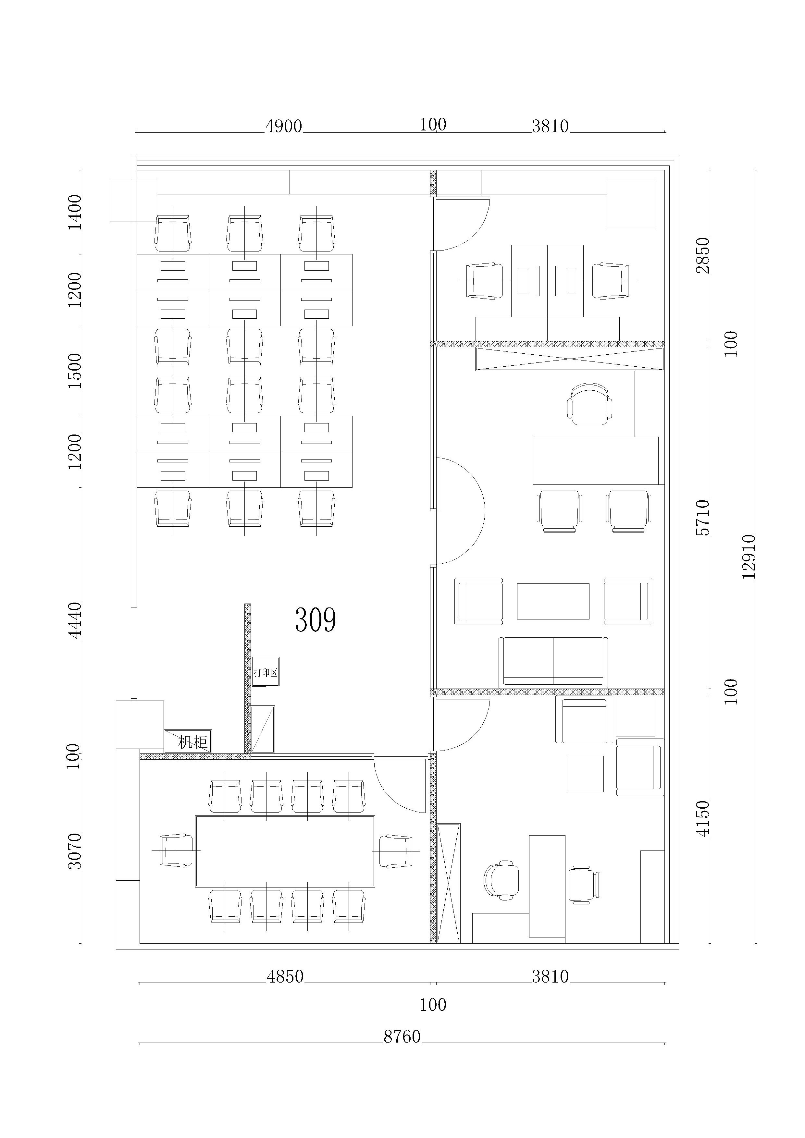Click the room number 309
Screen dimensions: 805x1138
(x=316, y=619)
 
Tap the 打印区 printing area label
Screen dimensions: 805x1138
(x=266, y=673)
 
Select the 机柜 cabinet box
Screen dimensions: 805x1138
(x=188, y=741)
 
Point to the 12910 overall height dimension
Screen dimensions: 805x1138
(x=749, y=556)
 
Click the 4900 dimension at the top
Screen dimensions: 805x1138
(x=283, y=126)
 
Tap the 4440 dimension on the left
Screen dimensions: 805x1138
(x=74, y=620)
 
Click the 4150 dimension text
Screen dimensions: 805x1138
(x=703, y=818)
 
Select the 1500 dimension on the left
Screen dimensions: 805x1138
(x=74, y=371)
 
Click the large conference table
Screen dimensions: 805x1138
(x=285, y=851)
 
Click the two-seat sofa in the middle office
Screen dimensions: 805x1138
(x=553, y=662)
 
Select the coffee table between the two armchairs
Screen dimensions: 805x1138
(x=553, y=601)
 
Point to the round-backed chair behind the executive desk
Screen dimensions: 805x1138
(x=589, y=404)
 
